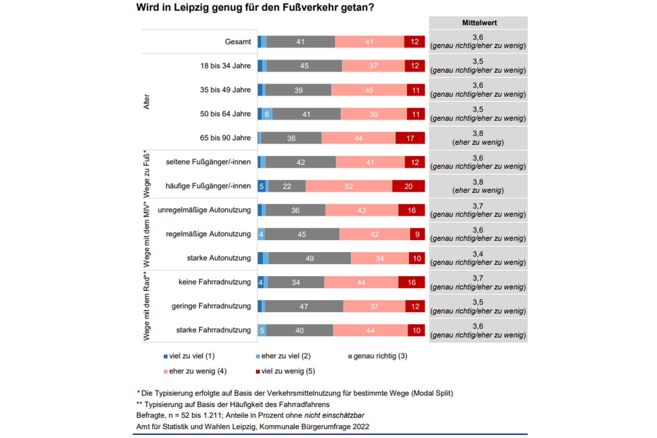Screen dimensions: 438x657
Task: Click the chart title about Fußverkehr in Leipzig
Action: (x=255, y=7)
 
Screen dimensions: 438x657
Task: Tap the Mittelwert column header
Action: (x=479, y=23)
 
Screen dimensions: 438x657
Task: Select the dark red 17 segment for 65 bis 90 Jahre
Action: (x=410, y=138)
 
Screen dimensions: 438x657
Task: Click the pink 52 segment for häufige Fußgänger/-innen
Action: (x=349, y=186)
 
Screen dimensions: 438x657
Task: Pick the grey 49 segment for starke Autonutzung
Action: (x=310, y=258)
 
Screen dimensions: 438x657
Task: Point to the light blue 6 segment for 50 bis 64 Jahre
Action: (x=267, y=114)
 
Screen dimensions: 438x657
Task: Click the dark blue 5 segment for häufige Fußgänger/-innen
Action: (x=261, y=186)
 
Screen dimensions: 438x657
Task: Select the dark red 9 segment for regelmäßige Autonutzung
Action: (x=417, y=234)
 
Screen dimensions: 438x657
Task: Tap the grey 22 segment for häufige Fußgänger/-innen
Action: (x=287, y=186)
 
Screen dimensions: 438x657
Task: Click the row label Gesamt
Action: (x=238, y=42)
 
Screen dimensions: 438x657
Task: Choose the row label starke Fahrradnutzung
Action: (x=213, y=330)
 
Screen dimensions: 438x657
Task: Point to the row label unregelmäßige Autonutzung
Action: (x=204, y=210)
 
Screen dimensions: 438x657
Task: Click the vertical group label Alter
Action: (x=146, y=102)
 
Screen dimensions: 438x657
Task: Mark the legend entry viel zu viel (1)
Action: (x=189, y=356)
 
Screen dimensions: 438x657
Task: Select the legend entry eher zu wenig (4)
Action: (x=195, y=371)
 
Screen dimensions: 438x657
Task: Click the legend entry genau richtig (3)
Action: (x=378, y=356)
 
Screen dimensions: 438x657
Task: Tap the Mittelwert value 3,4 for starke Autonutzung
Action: (x=478, y=254)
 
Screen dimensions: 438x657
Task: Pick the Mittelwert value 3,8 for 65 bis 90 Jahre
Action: (x=478, y=134)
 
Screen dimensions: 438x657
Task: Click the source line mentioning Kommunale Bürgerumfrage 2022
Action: (x=253, y=427)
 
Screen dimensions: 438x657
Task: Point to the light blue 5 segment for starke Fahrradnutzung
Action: (x=262, y=331)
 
